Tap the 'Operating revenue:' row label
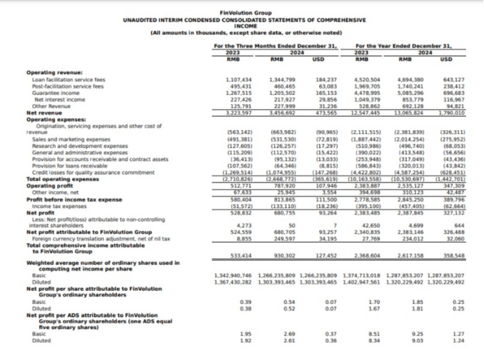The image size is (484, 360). (x=54, y=73)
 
